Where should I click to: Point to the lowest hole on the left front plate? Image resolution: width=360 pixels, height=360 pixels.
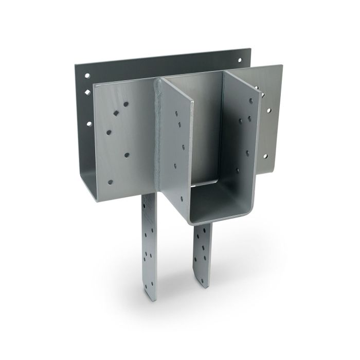click(110, 182)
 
